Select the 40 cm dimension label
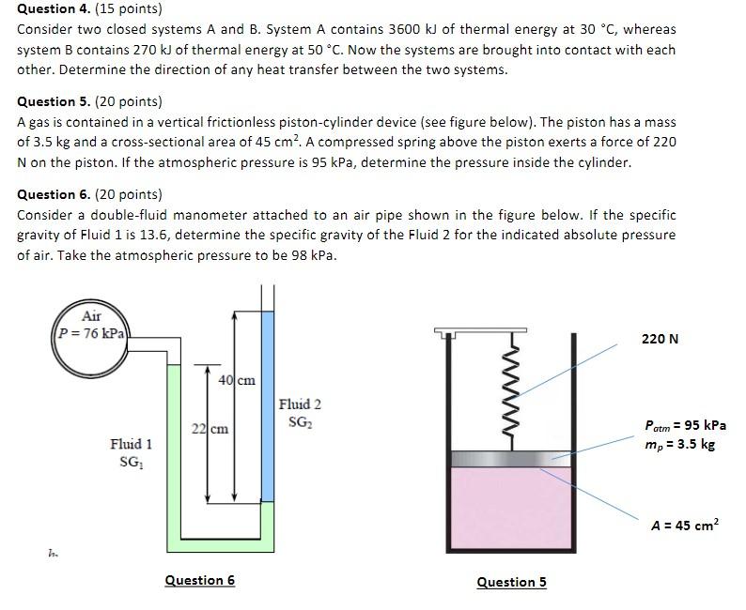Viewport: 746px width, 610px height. [x=237, y=380]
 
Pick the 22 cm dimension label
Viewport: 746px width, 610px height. [x=210, y=429]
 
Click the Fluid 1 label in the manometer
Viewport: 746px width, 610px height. [x=131, y=444]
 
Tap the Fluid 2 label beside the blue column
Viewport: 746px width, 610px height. [x=300, y=404]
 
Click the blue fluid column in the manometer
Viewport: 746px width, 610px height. [x=268, y=404]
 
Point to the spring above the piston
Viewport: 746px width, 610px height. [x=512, y=394]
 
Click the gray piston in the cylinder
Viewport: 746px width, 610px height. [x=512, y=459]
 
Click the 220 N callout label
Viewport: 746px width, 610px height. [x=660, y=339]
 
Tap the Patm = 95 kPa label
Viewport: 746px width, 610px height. [x=685, y=425]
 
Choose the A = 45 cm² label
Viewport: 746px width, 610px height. [x=685, y=526]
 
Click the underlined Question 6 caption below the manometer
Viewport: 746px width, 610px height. [x=199, y=580]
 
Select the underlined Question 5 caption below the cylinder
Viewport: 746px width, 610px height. [x=511, y=582]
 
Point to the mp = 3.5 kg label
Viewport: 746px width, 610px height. [x=679, y=444]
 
